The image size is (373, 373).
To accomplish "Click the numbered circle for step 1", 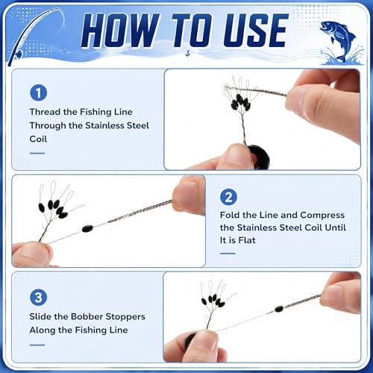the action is click(39, 93).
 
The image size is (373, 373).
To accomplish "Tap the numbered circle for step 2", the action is click(228, 197).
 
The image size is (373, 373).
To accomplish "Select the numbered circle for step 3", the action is click(38, 298).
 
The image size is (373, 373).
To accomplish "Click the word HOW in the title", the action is click(120, 31).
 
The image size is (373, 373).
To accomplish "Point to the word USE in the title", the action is click(256, 31).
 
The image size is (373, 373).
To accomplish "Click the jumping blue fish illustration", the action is click(339, 41).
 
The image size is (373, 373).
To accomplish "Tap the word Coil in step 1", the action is click(38, 139).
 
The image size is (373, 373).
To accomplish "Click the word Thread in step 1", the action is click(46, 112).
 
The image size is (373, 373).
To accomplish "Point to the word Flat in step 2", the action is click(247, 240).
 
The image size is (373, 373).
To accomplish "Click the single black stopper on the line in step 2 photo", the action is click(87, 228).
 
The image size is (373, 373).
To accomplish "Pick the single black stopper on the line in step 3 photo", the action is click(279, 309).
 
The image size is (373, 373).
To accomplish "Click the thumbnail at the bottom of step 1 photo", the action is click(236, 155).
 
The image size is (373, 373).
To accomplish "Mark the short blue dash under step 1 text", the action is click(37, 153).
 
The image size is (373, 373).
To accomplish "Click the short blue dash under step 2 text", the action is click(228, 254).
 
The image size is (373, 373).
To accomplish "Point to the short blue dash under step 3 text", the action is click(37, 345).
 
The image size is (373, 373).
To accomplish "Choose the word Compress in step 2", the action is click(322, 216).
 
